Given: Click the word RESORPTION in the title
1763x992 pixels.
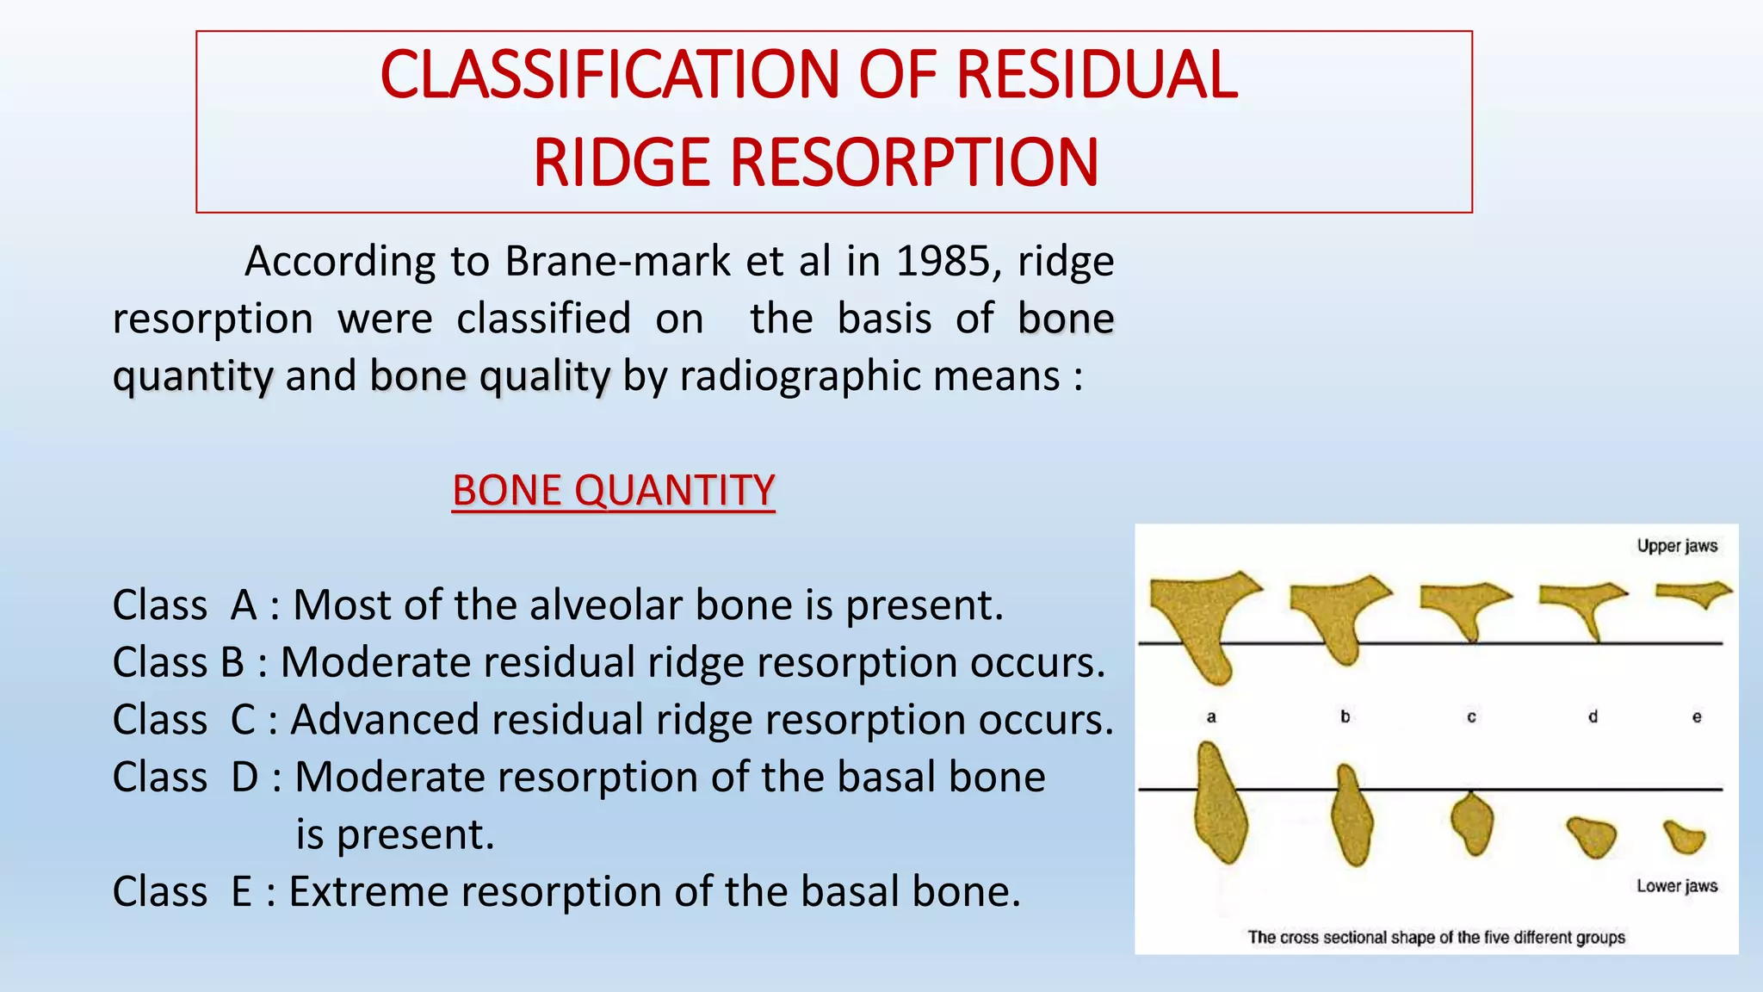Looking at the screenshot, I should pos(914,163).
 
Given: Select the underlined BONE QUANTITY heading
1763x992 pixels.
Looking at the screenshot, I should pos(614,491).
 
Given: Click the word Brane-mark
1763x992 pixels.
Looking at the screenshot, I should pos(617,261).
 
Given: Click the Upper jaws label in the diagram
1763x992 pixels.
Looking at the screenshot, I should pos(1676,546).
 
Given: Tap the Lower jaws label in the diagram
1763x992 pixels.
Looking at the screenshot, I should pos(1676,886).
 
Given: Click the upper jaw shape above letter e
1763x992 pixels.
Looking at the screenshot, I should pos(1692,593).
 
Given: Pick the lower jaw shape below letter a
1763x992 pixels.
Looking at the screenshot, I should pos(1219,809).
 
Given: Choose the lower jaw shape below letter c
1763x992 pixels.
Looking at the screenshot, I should pos(1472,822).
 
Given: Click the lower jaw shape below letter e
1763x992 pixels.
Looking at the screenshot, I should pos(1685,836).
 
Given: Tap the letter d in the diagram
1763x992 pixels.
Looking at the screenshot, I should pos(1593,716).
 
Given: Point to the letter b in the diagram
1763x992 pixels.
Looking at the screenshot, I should pos(1345,716).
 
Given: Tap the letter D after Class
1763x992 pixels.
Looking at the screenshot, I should pos(244,778).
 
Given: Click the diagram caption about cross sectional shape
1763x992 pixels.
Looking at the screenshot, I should pos(1436,937).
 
